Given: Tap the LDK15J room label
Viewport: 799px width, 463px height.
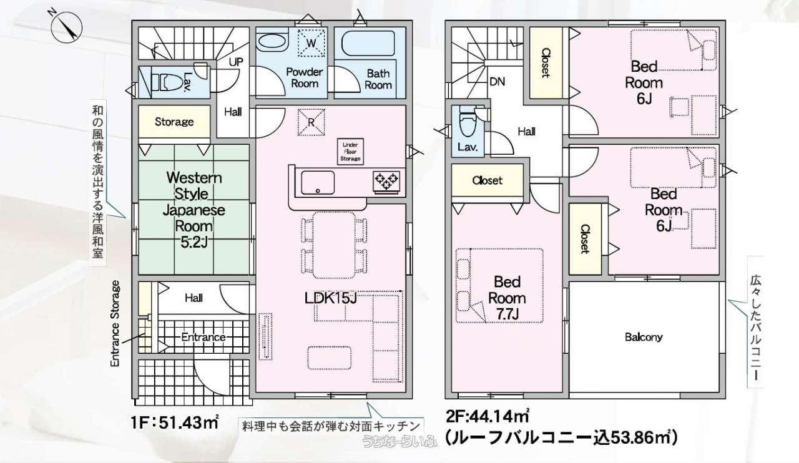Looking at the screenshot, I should tap(330, 299).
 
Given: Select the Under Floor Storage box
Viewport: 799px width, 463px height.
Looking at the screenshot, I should tap(350, 152).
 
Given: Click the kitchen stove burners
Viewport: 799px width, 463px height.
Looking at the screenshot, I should tap(386, 181).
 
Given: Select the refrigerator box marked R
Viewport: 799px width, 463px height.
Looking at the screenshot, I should tap(310, 121).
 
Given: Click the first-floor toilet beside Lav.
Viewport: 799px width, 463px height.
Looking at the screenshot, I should tap(166, 82).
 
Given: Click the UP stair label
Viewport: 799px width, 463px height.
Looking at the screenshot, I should tap(236, 62).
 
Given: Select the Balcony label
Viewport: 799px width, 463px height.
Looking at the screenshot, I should tap(644, 338).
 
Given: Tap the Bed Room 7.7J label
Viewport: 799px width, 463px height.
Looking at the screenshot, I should tap(507, 298).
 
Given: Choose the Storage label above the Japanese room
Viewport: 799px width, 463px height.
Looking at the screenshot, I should tap(174, 122).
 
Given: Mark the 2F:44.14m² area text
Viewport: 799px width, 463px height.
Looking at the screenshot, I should tap(488, 414).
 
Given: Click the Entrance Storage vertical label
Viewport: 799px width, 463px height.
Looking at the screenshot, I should tap(115, 324).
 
